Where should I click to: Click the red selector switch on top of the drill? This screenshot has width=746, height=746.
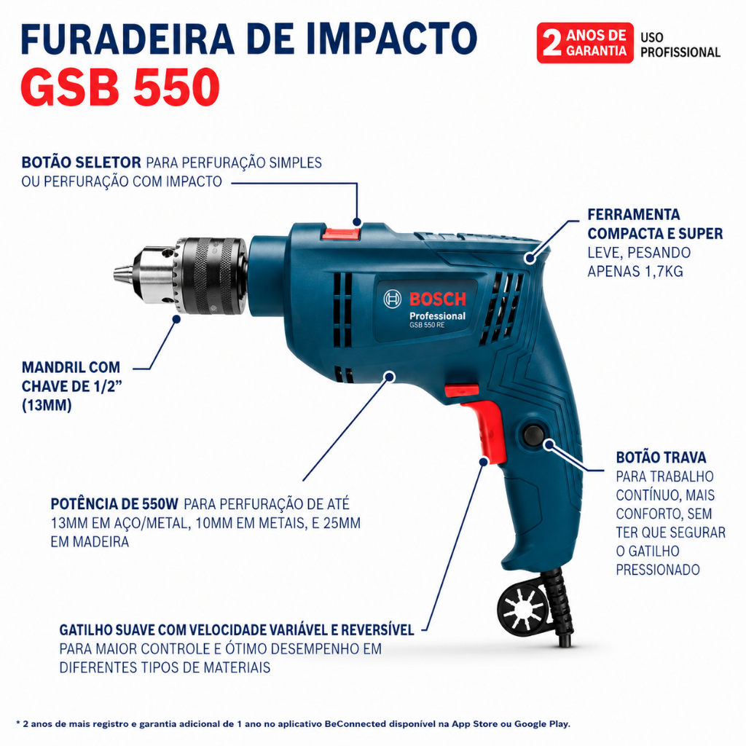click(x=341, y=233)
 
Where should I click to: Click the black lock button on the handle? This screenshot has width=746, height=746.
click(x=533, y=434)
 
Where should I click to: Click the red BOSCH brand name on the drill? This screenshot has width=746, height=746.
click(x=437, y=299)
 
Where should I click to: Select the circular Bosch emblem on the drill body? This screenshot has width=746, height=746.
click(x=392, y=299)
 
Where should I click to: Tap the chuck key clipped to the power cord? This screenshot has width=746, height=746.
click(x=523, y=608)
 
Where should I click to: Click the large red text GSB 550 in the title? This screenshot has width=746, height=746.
click(x=120, y=87)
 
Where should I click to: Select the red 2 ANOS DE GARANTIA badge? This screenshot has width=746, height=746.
click(x=585, y=43)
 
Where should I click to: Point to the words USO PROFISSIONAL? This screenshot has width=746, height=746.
click(x=680, y=44)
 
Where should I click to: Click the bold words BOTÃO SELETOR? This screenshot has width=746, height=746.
click(x=82, y=162)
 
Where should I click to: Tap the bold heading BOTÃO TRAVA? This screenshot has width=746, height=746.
click(x=661, y=458)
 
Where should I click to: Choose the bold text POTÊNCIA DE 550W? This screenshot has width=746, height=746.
click(x=114, y=504)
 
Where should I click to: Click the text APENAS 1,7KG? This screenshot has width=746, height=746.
click(x=635, y=271)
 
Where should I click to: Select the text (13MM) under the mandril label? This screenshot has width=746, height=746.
click(x=47, y=405)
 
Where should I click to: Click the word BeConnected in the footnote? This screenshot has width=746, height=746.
click(x=356, y=723)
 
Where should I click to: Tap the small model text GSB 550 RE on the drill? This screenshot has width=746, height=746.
click(x=427, y=325)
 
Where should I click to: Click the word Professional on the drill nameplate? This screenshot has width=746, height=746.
click(x=437, y=316)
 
